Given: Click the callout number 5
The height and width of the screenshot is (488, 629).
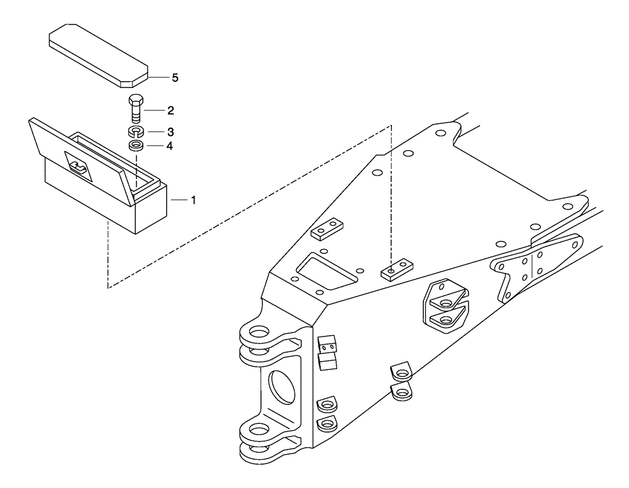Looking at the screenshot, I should tap(175, 77).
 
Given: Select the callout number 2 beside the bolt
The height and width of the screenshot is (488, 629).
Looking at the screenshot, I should tap(170, 110).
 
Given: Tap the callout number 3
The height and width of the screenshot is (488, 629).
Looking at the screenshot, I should tap(170, 133).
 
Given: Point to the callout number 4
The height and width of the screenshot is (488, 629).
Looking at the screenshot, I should tap(170, 146).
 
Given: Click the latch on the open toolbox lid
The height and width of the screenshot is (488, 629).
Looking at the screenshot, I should tap(79, 167).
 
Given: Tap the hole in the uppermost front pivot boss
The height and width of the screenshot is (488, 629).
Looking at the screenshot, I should tap(259, 331).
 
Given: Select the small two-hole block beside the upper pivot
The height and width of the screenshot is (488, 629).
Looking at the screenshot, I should tap(326, 344).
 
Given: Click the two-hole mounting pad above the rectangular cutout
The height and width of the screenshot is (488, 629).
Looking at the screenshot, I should tap(326, 230).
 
